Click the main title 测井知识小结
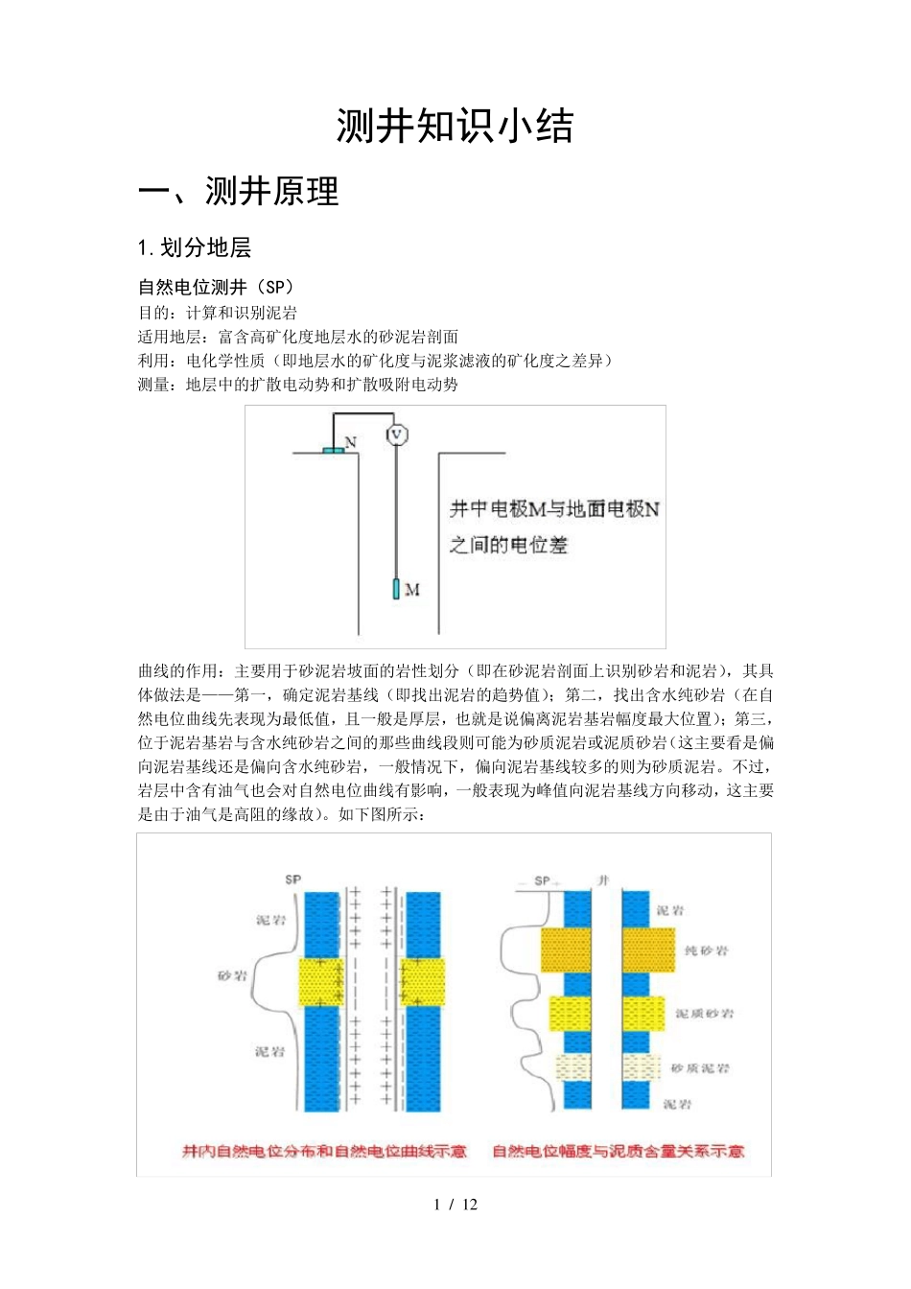(455, 127)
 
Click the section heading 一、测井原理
(239, 192)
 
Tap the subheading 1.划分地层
(195, 248)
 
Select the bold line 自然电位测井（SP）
(216, 287)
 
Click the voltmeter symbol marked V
(396, 434)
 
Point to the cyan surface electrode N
(333, 449)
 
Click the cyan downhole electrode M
(396, 588)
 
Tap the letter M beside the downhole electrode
(412, 589)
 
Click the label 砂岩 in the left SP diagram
(232, 975)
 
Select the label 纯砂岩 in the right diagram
(706, 950)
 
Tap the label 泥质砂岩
(704, 1014)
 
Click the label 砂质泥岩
(700, 1068)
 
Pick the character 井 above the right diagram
(603, 879)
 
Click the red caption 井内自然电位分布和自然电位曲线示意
(324, 1151)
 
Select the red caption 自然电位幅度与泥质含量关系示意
(618, 1151)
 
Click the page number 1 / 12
(455, 1205)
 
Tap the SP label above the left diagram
(292, 879)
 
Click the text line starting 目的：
(218, 313)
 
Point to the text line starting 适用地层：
(298, 337)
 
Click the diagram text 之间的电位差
(508, 546)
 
